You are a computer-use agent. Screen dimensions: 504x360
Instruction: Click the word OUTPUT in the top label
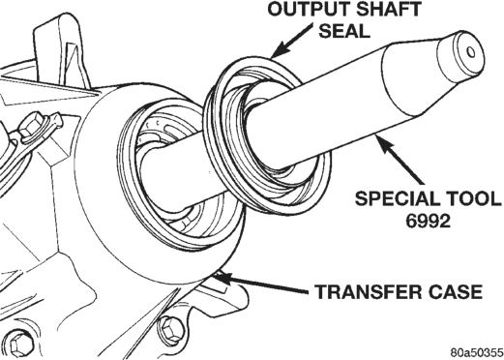[309, 10]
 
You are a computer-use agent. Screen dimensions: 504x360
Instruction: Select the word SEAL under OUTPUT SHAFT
[344, 31]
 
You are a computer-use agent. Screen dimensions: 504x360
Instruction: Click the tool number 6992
[428, 221]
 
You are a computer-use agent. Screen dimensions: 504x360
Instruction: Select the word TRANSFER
[366, 291]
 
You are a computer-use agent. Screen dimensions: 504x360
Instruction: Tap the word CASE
[453, 291]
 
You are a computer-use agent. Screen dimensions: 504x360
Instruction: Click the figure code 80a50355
[477, 351]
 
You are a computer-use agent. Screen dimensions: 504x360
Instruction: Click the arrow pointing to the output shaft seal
[291, 41]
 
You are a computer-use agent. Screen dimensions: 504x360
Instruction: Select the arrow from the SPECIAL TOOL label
[399, 159]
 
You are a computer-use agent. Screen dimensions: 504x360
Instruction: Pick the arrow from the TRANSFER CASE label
[260, 284]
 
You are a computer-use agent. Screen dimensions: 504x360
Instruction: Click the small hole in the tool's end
[471, 52]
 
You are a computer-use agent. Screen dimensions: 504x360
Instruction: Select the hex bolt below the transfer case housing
[171, 331]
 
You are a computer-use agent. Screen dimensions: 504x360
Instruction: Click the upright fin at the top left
[61, 51]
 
